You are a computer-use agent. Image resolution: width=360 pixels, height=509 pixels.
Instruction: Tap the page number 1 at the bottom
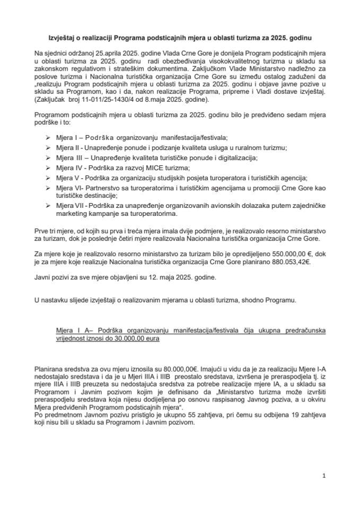point(323,477)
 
